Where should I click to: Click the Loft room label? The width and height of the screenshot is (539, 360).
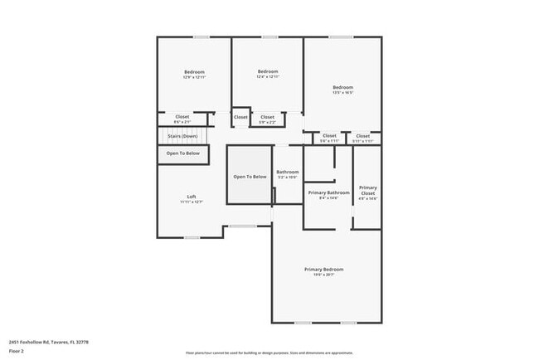pos(191,196)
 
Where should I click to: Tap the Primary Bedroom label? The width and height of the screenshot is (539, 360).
pos(323,270)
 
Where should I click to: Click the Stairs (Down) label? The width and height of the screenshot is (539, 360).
pos(182,136)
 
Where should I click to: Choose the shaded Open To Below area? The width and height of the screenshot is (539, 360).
pos(250,177)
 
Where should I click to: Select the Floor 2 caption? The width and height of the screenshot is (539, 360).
pos(17,351)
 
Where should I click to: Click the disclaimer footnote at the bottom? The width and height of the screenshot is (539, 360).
pos(269,352)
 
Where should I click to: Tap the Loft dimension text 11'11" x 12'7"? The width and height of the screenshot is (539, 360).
pos(191,202)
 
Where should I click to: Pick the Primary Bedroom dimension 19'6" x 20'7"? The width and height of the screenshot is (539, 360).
pos(323,276)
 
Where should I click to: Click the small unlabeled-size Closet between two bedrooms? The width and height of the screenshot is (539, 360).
pos(240,117)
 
